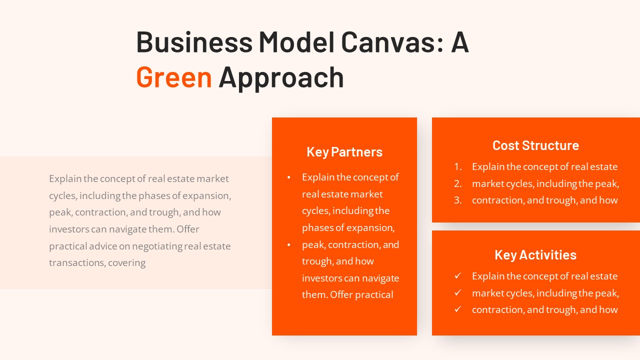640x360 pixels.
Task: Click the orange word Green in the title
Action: click(174, 77)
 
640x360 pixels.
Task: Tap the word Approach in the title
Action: click(281, 77)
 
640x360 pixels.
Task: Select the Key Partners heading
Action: click(344, 152)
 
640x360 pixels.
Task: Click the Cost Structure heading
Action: click(535, 145)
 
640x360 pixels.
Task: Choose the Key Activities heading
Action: click(535, 255)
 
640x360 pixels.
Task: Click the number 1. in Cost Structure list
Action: click(458, 167)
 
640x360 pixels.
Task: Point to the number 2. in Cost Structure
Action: click(458, 183)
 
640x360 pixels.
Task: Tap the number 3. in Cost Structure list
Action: click(458, 200)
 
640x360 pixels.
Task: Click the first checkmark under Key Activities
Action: click(457, 276)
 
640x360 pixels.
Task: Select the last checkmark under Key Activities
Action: click(457, 309)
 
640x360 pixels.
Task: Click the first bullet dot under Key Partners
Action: click(289, 177)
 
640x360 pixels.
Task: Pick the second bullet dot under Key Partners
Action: click(289, 245)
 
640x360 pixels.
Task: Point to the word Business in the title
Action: click(194, 42)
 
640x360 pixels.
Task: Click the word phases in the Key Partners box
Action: click(317, 228)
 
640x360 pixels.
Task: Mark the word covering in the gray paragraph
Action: click(127, 263)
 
